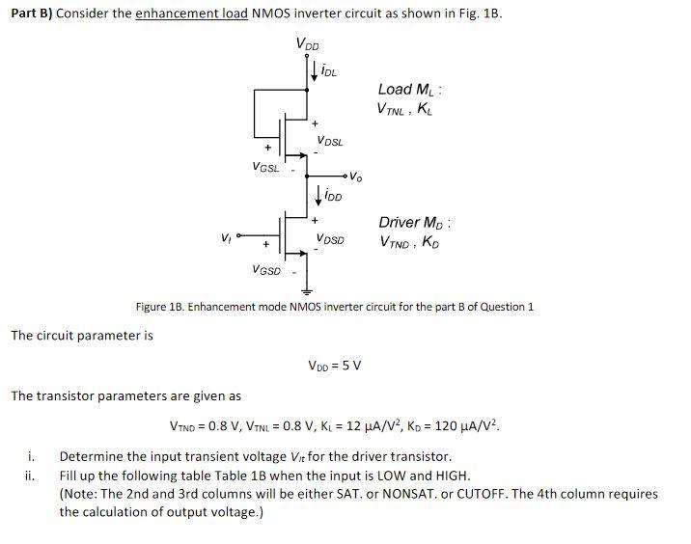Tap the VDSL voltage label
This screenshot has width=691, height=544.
[329, 141]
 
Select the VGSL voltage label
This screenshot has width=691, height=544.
[264, 167]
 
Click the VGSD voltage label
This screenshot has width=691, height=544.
[265, 270]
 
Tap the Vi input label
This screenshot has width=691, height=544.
[225, 236]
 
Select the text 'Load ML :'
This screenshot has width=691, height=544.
[410, 90]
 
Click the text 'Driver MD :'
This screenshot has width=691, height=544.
[415, 222]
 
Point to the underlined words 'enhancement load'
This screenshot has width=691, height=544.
[191, 15]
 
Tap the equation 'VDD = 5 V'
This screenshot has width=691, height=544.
[334, 366]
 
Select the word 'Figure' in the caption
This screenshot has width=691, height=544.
[153, 307]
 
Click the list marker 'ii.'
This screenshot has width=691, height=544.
[30, 476]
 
